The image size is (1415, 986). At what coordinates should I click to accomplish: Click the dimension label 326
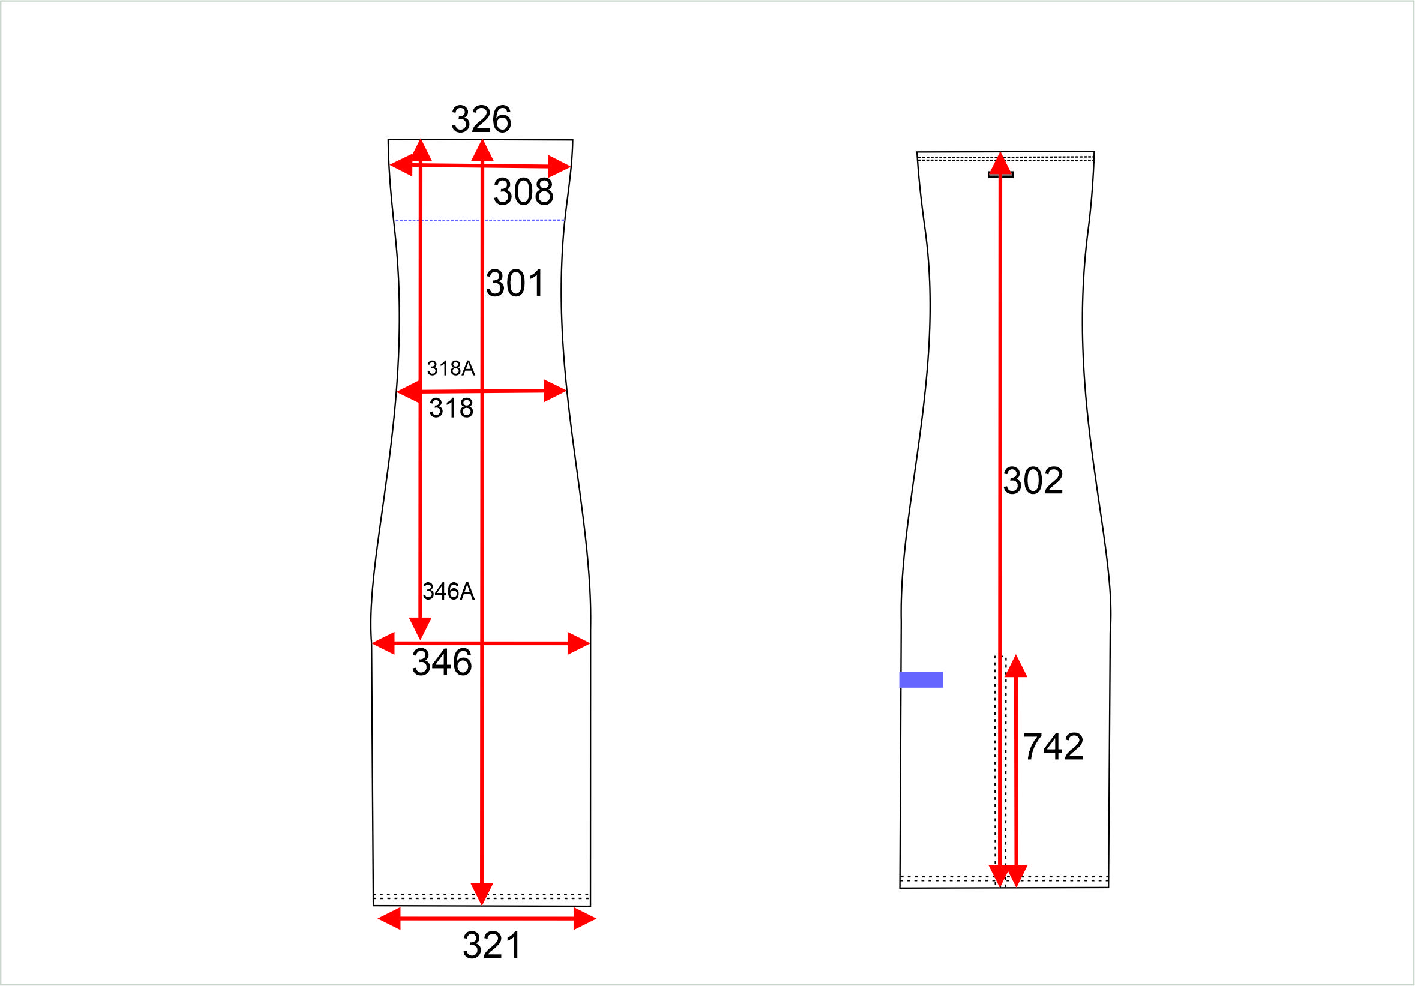coord(481,119)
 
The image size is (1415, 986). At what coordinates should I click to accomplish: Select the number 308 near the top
coord(523,191)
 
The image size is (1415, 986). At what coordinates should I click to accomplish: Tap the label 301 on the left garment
coord(515,283)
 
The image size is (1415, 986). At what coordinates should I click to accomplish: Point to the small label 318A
coord(451,368)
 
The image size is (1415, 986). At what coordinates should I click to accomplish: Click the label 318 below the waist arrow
coord(451,408)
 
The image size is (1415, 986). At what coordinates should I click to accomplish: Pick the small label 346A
coord(449,591)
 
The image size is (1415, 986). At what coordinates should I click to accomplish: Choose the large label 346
coord(442,662)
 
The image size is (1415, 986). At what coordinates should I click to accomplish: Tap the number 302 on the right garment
coord(1033,480)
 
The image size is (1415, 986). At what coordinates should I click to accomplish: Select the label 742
coord(1053,747)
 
